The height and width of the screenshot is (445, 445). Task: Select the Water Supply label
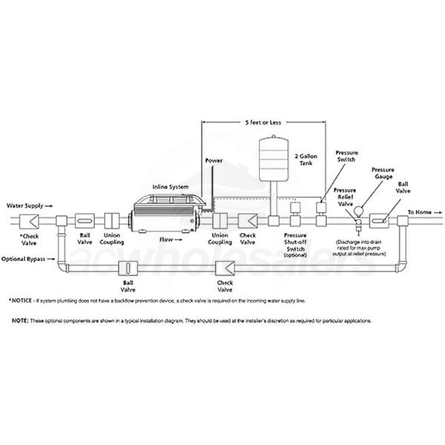pos(27,202)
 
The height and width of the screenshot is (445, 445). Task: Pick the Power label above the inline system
pos(214,160)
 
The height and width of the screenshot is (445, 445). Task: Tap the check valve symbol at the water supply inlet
pos(33,220)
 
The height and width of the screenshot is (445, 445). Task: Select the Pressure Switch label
pos(347,156)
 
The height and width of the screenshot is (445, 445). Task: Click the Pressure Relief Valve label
pos(345,197)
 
